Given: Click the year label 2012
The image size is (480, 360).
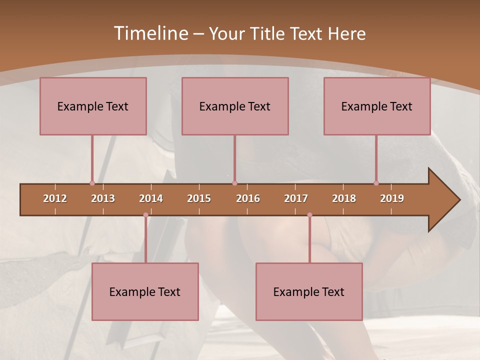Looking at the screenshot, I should pyautogui.click(x=55, y=198).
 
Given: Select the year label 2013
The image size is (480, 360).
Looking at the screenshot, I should pyautogui.click(x=103, y=198).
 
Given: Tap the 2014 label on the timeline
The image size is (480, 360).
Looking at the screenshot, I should pyautogui.click(x=151, y=198).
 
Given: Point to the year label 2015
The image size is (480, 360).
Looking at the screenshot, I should pyautogui.click(x=199, y=198).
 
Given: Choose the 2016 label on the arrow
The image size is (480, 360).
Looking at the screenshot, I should pyautogui.click(x=248, y=198).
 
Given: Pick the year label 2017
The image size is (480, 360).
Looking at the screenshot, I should pyautogui.click(x=296, y=198).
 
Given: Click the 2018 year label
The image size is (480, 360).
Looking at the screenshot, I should pyautogui.click(x=344, y=198).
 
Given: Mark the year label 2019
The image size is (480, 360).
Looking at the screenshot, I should pyautogui.click(x=392, y=198).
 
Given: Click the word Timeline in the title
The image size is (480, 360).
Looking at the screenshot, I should pyautogui.click(x=150, y=33).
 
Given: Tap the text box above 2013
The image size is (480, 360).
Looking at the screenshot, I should pyautogui.click(x=93, y=106).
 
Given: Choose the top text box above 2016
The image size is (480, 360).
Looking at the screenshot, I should pyautogui.click(x=235, y=106).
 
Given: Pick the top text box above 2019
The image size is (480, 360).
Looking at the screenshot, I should pyautogui.click(x=377, y=106).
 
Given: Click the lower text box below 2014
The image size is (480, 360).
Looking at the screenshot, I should pyautogui.click(x=145, y=291).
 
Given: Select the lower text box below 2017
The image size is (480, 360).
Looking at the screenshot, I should pyautogui.click(x=309, y=291).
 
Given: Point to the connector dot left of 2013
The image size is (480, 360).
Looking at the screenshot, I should pyautogui.click(x=92, y=183).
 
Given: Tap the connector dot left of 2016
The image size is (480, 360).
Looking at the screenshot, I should pyautogui.click(x=234, y=183).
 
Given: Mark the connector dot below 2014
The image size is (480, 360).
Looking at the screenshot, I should pyautogui.click(x=145, y=215).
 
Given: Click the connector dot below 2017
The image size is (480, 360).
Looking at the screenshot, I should pyautogui.click(x=309, y=215).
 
